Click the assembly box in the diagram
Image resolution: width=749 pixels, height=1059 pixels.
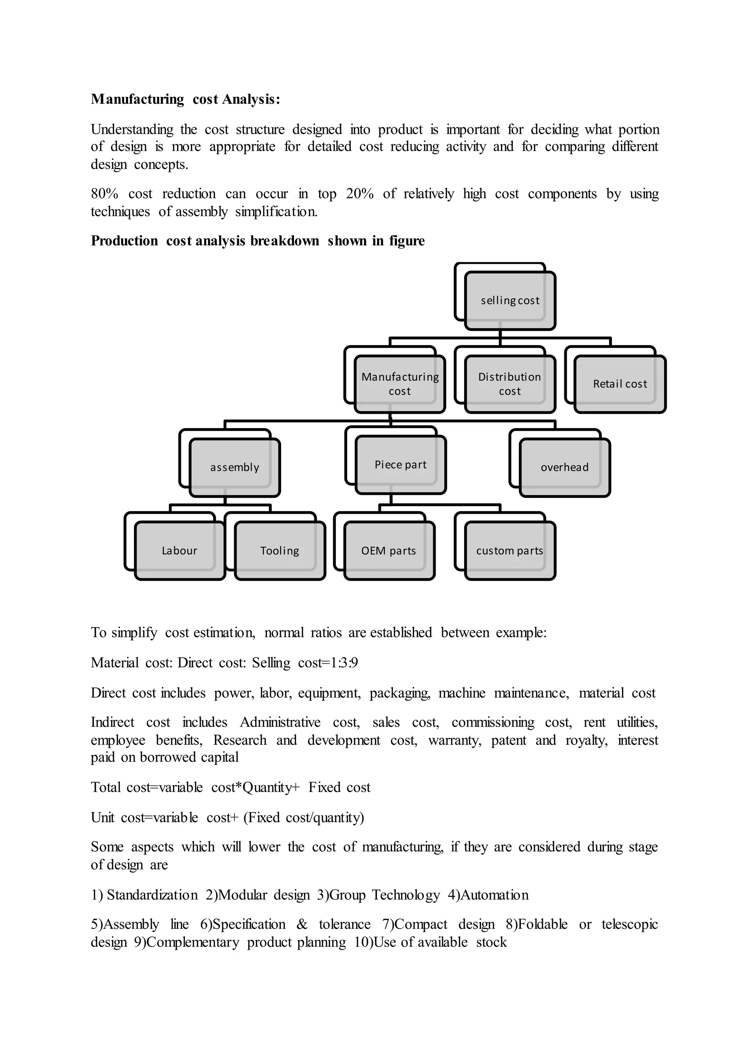point(235,467)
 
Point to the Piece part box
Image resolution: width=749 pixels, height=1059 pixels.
point(400,465)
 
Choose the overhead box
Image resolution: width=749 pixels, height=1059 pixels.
point(565,467)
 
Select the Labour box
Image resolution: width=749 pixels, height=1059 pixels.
point(180,551)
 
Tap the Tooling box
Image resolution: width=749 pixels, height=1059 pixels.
point(279,551)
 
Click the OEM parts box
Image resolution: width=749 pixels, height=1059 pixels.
point(389,551)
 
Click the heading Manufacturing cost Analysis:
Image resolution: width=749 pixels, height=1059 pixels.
point(185,99)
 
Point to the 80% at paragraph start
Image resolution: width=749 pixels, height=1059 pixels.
point(104,194)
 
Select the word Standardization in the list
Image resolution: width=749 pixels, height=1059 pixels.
point(152,895)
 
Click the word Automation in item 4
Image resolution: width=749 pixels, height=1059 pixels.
point(494,895)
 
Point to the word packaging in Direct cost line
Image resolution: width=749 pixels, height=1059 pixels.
point(399,693)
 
